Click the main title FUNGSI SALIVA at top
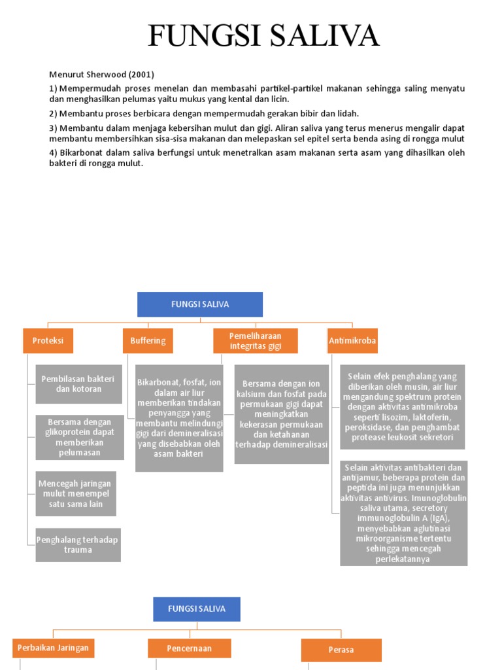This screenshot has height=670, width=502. tap(263, 35)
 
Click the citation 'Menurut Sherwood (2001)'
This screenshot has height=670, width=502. tap(101, 75)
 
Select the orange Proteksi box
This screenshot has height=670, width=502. tap(48, 341)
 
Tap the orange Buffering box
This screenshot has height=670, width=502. tap(148, 341)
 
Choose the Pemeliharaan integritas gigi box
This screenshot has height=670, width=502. tap(256, 341)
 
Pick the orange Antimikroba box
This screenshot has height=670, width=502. tap(352, 341)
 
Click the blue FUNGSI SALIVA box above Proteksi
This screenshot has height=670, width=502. tap(200, 304)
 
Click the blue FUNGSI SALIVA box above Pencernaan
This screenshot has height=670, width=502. tap(197, 609)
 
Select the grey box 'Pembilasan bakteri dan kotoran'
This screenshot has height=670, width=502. tap(78, 384)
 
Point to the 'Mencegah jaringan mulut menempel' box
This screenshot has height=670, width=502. tap(76, 493)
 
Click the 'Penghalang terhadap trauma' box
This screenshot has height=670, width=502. tap(78, 545)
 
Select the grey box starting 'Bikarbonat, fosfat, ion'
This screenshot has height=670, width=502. tap(179, 418)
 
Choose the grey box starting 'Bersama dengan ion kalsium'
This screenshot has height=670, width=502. tap(281, 414)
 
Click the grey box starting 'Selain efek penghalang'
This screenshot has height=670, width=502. tap(403, 407)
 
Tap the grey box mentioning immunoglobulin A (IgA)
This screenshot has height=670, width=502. tap(403, 513)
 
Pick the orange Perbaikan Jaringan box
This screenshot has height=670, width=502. tap(54, 648)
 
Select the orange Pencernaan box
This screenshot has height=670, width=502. tap(189, 648)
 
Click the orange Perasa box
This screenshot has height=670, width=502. tap(341, 650)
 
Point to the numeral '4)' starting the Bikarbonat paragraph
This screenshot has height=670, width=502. tap(54, 152)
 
